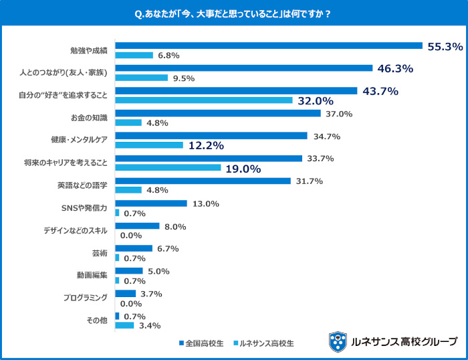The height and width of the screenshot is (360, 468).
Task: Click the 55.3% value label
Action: tap(445, 46)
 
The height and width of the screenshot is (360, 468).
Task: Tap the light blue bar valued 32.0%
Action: tap(204, 100)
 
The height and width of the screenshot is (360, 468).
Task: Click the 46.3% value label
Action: tap(395, 68)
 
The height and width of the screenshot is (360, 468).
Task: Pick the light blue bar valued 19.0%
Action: tap(168, 168)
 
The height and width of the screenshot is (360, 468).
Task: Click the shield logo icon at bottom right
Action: tap(338, 341)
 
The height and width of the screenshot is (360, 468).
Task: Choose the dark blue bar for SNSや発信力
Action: tap(151, 203)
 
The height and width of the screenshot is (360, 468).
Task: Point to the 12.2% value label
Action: tap(205, 145)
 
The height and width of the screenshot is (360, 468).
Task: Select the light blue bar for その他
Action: tap(124, 326)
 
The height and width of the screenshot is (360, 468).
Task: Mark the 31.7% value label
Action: tap(310, 181)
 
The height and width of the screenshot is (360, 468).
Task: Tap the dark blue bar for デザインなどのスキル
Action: tap(138, 226)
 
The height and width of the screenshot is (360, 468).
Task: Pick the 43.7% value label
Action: tap(380, 91)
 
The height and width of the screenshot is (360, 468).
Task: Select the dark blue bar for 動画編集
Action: tap(129, 271)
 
